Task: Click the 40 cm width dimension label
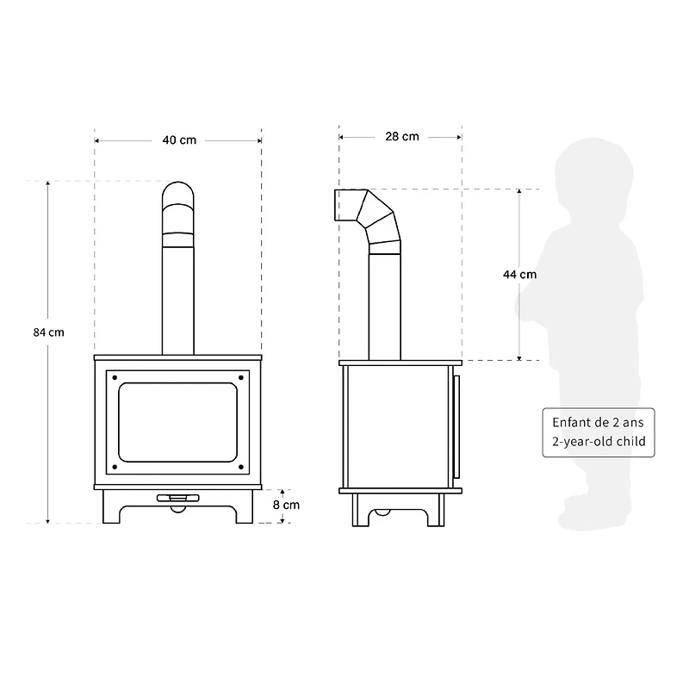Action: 179,140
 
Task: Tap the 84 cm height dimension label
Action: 49,332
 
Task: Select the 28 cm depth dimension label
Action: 402,136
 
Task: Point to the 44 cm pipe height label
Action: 519,275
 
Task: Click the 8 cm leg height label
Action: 287,506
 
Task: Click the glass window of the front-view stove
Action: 178,421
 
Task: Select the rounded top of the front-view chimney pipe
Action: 178,194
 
